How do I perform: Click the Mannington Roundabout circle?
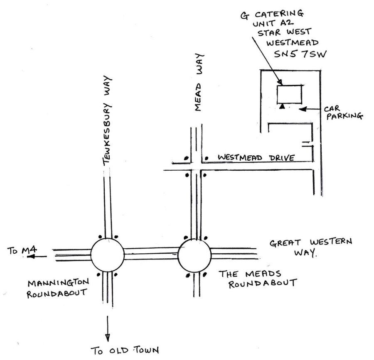tap(107, 255)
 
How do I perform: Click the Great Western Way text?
tap(310, 247)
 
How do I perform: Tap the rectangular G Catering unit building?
tap(290, 94)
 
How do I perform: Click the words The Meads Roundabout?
tap(258, 279)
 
